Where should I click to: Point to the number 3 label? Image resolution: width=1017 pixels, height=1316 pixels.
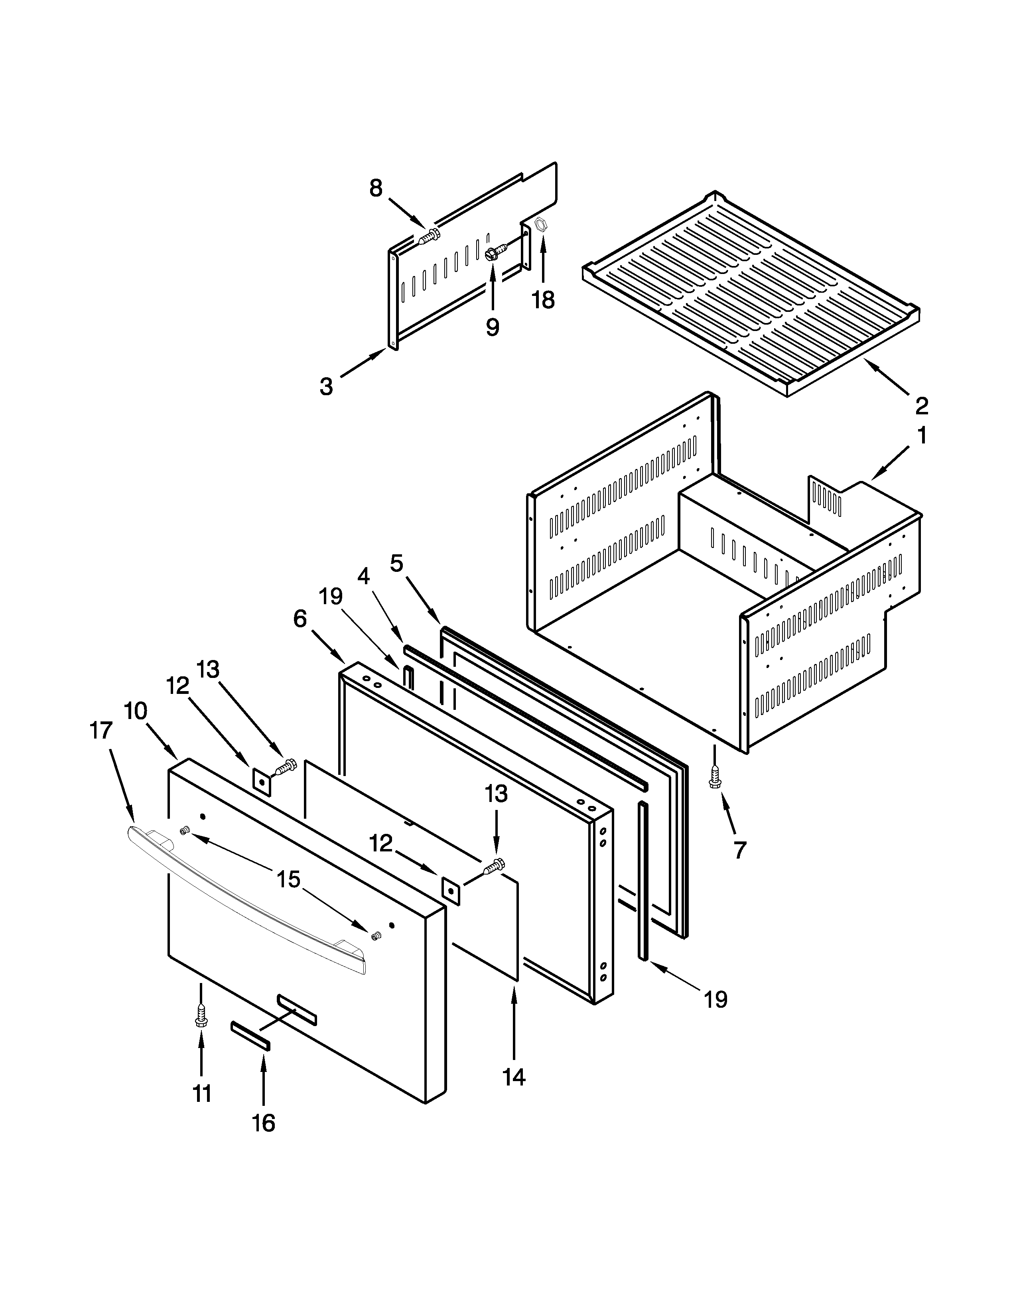tap(326, 386)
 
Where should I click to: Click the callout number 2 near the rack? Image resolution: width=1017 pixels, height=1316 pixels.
tap(922, 406)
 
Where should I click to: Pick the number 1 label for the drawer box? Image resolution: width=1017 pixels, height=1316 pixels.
tap(922, 435)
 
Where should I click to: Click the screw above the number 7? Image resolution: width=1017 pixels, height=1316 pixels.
tap(715, 776)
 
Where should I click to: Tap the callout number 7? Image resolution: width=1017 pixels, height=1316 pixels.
tap(740, 849)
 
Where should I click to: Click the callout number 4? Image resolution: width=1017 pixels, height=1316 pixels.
tap(363, 577)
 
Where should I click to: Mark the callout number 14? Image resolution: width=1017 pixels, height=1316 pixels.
tap(514, 1077)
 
